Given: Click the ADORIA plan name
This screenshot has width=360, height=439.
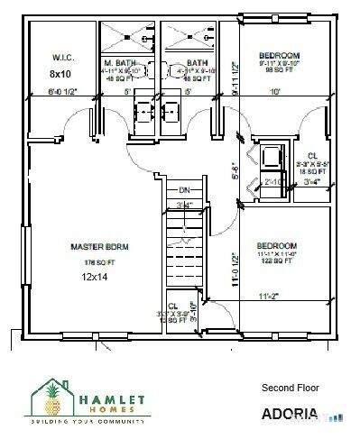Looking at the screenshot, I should (x=289, y=415).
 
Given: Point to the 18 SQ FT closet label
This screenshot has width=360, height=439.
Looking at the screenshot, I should (x=312, y=169).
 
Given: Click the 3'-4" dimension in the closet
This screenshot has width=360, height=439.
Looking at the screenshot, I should (x=312, y=181).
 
